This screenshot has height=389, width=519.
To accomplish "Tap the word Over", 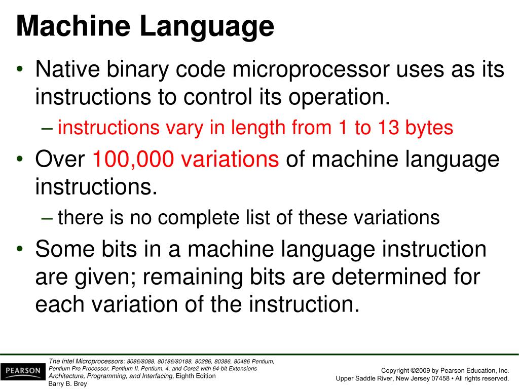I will [x=60, y=160].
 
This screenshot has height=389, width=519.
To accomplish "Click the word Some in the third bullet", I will [x=64, y=250].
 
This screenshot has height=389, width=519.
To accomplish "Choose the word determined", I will [x=396, y=278].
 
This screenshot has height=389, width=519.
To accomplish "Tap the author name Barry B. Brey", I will [x=67, y=384].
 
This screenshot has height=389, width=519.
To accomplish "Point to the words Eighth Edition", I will [x=196, y=376].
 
